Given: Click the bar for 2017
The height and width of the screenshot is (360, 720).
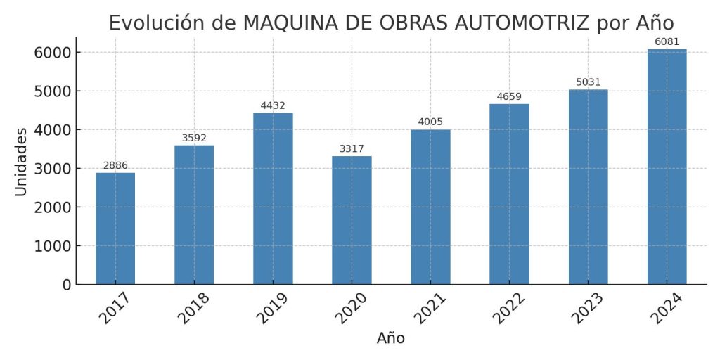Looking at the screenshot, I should [x=115, y=229].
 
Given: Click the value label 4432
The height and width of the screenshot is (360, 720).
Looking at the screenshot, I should [x=273, y=106].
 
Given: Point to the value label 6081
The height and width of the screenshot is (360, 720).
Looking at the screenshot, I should [x=667, y=42].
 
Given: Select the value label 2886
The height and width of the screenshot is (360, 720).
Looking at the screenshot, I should [x=115, y=166].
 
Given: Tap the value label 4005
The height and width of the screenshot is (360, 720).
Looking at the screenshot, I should [x=430, y=122].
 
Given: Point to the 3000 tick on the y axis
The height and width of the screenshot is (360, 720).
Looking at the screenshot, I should [x=52, y=169].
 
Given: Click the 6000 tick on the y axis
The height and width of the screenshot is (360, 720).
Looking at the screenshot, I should [x=52, y=53].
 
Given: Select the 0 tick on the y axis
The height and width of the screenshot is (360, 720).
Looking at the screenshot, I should [x=67, y=285].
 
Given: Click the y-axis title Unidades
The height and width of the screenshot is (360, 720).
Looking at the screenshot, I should [x=21, y=161].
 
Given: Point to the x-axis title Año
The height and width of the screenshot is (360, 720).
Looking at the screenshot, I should [x=391, y=338].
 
